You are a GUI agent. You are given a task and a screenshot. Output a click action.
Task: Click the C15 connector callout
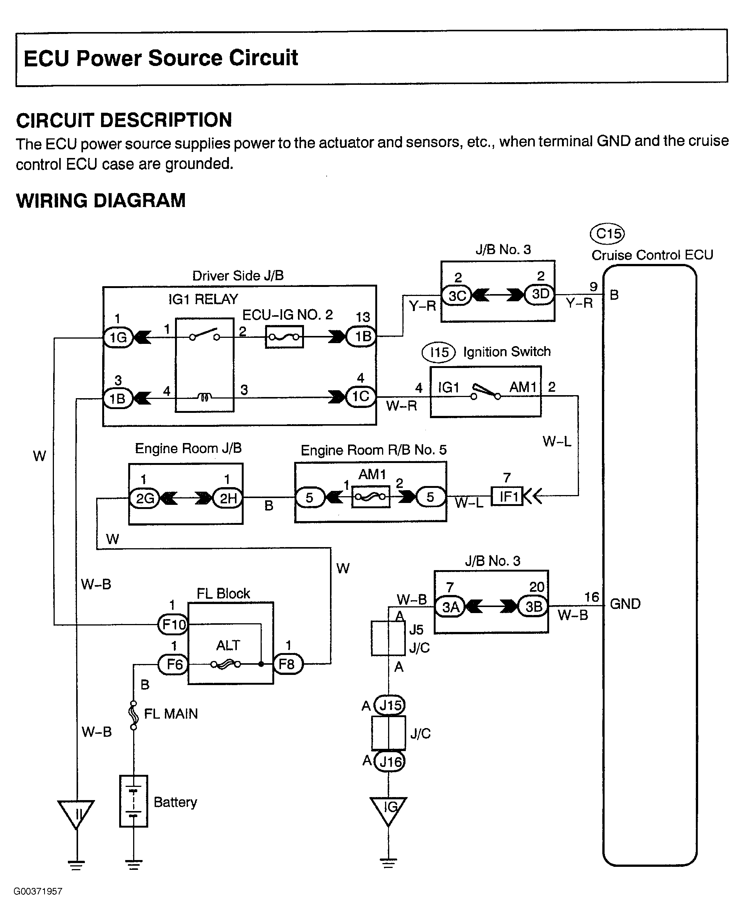coord(607,234)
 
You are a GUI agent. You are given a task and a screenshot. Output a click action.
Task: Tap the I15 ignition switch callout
coord(439,353)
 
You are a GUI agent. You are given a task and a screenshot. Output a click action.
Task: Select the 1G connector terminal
coord(118,338)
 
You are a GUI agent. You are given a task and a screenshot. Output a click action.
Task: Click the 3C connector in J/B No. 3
coord(457,296)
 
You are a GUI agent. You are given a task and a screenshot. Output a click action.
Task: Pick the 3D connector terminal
coord(540,294)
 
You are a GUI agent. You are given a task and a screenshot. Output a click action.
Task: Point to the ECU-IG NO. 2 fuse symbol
coord(284,337)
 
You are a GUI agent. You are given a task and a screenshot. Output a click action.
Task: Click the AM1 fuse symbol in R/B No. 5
coord(371,497)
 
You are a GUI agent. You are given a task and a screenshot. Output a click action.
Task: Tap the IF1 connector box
coord(507,496)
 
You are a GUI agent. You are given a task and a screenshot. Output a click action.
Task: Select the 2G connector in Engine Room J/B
coord(144,498)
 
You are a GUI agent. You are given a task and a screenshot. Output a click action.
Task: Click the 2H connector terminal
coord(228,498)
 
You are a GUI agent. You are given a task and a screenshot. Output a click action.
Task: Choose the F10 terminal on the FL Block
coord(173,625)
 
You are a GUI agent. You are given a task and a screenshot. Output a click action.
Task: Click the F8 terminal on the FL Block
coord(288,664)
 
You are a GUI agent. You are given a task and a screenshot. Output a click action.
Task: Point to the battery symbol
coord(134,801)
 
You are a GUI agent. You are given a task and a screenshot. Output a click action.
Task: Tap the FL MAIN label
coord(171,714)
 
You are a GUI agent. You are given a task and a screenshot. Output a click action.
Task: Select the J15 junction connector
coord(390,705)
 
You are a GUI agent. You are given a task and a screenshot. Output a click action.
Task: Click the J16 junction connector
coord(390,762)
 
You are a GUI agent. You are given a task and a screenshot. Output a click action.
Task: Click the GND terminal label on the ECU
coord(625,604)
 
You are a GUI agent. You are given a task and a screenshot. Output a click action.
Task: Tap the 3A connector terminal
coord(450,607)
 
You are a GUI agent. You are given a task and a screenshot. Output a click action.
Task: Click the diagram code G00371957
coord(38,891)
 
